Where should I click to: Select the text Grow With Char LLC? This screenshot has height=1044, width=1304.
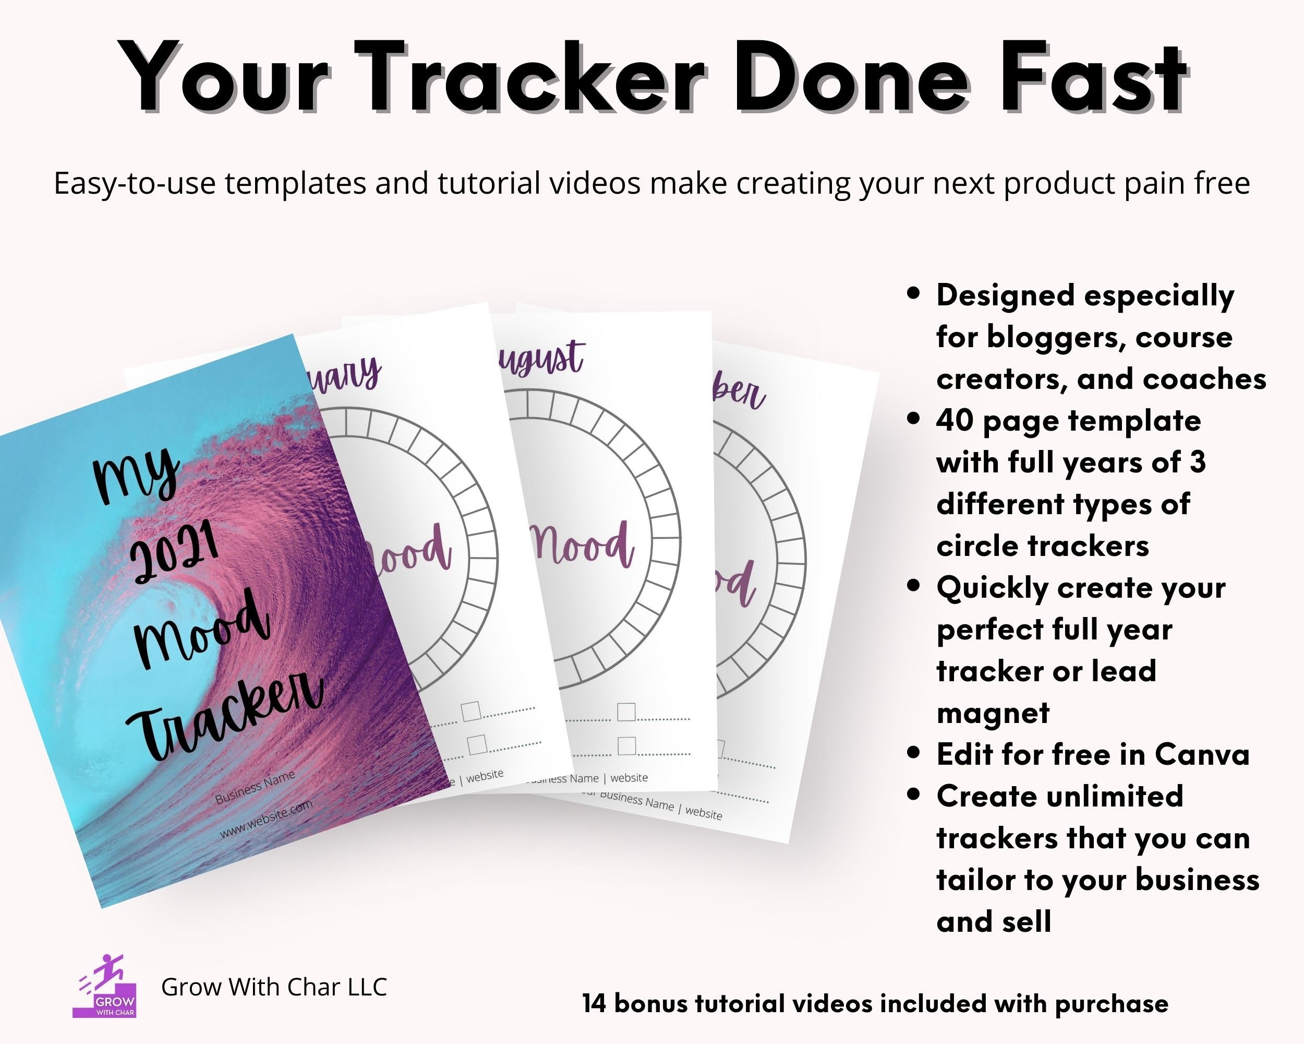pyautogui.click(x=273, y=987)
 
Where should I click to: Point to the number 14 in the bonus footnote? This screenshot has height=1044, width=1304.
pyautogui.click(x=595, y=1003)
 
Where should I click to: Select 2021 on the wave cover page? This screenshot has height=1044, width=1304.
pyautogui.click(x=174, y=553)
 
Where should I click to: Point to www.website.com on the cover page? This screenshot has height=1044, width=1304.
pyautogui.click(x=265, y=819)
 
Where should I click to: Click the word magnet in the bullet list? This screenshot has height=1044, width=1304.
pyautogui.click(x=993, y=713)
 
